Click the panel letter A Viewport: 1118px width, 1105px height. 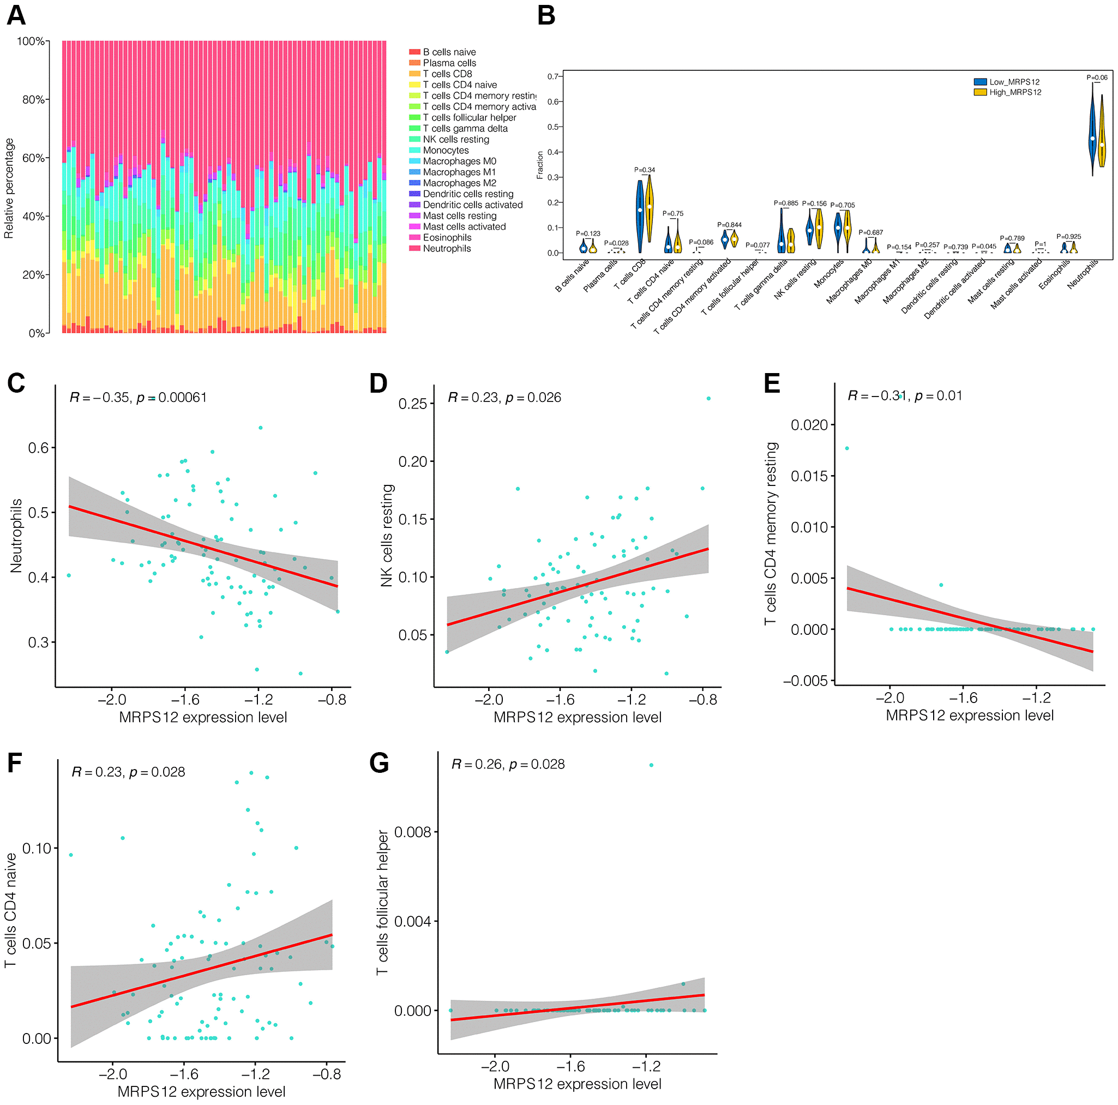[x=16, y=15]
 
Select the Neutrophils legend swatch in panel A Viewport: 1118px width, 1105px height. [x=414, y=248]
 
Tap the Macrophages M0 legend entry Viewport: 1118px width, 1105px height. [x=459, y=161]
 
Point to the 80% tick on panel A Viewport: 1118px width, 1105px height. [x=34, y=100]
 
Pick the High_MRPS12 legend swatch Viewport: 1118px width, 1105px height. [x=979, y=93]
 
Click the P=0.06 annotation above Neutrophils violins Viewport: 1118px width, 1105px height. [x=1097, y=77]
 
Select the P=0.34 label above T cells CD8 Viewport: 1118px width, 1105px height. [x=645, y=170]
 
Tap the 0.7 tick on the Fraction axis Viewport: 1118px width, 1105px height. [x=553, y=76]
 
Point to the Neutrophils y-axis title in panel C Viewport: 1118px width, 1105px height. [x=16, y=536]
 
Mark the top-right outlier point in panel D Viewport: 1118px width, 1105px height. [x=708, y=398]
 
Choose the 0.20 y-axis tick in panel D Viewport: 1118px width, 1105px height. [x=413, y=461]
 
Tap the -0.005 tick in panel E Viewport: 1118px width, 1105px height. [x=806, y=681]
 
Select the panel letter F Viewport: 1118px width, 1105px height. [x=15, y=762]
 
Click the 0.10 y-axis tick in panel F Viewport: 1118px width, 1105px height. [x=37, y=848]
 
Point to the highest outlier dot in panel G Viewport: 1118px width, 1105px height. [x=651, y=765]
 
